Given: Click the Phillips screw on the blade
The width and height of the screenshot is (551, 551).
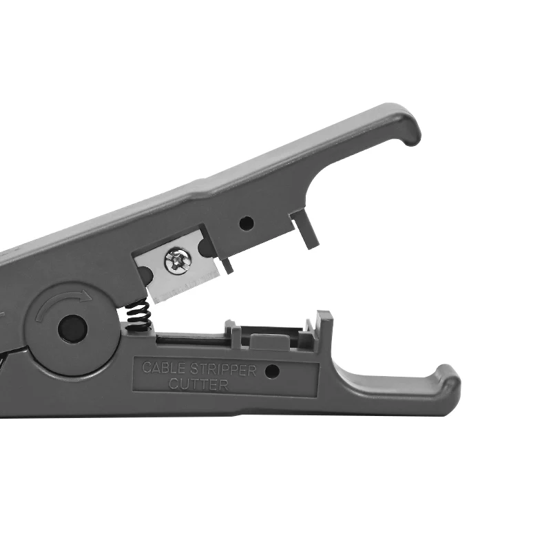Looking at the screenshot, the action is [x=178, y=261].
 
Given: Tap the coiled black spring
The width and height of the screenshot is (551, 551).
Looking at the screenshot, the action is [x=138, y=315].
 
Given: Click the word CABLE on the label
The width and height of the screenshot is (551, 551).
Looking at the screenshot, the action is [x=163, y=368].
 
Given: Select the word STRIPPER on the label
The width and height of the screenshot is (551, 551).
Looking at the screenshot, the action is [x=223, y=369].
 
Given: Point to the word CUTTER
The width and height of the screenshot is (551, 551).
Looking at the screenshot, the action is [x=198, y=384].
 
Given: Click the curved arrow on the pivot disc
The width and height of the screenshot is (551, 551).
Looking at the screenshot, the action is [x=63, y=302].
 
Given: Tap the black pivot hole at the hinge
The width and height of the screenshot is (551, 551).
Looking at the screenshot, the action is [x=72, y=329].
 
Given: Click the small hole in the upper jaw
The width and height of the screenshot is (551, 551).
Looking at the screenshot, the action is [x=247, y=223].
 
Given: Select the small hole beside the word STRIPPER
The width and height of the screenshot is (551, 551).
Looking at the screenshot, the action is [x=272, y=371].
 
